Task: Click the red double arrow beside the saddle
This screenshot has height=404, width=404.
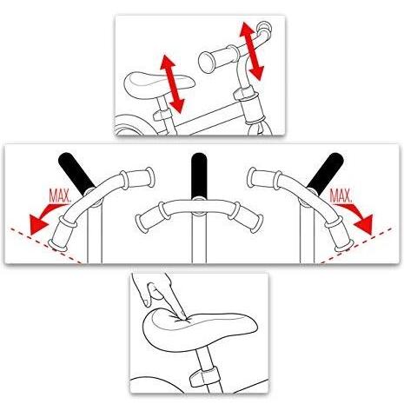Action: click(172, 83)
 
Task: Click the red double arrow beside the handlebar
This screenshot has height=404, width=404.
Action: click(251, 51)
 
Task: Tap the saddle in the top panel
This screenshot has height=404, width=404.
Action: click(159, 84)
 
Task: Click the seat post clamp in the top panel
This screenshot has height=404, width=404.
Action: click(162, 115)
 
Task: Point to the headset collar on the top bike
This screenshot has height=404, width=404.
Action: click(246, 94)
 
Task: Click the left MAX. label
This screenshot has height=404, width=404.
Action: click(60, 196)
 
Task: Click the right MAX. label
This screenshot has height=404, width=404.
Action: click(341, 196)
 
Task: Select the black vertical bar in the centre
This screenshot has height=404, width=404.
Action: click(199, 176)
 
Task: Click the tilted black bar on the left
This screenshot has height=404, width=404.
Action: click(76, 174)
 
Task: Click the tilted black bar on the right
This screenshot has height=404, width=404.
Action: click(325, 174)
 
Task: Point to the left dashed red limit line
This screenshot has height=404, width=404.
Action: click(46, 246)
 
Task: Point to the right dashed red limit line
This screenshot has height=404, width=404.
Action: click(356, 246)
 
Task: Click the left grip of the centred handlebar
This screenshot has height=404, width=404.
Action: click(150, 216)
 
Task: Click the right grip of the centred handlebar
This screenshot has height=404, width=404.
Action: click(247, 216)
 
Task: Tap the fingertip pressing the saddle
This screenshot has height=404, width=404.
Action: click(182, 317)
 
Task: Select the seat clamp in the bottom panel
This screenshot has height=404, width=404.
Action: click(203, 376)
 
